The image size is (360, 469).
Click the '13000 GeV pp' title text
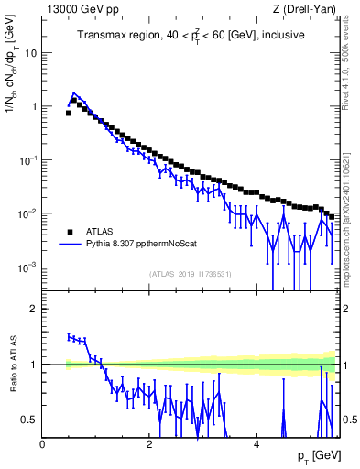(77, 8)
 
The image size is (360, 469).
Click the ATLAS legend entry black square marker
(70, 232)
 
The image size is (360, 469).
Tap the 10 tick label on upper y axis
(30, 53)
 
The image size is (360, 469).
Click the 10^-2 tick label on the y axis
(27, 213)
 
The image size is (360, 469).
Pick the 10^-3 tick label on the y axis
(27, 267)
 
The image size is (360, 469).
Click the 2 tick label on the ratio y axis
(35, 309)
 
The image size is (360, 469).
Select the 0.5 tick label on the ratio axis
(30, 420)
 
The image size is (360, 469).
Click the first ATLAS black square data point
(69, 114)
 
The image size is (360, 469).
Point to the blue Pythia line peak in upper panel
(73, 93)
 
